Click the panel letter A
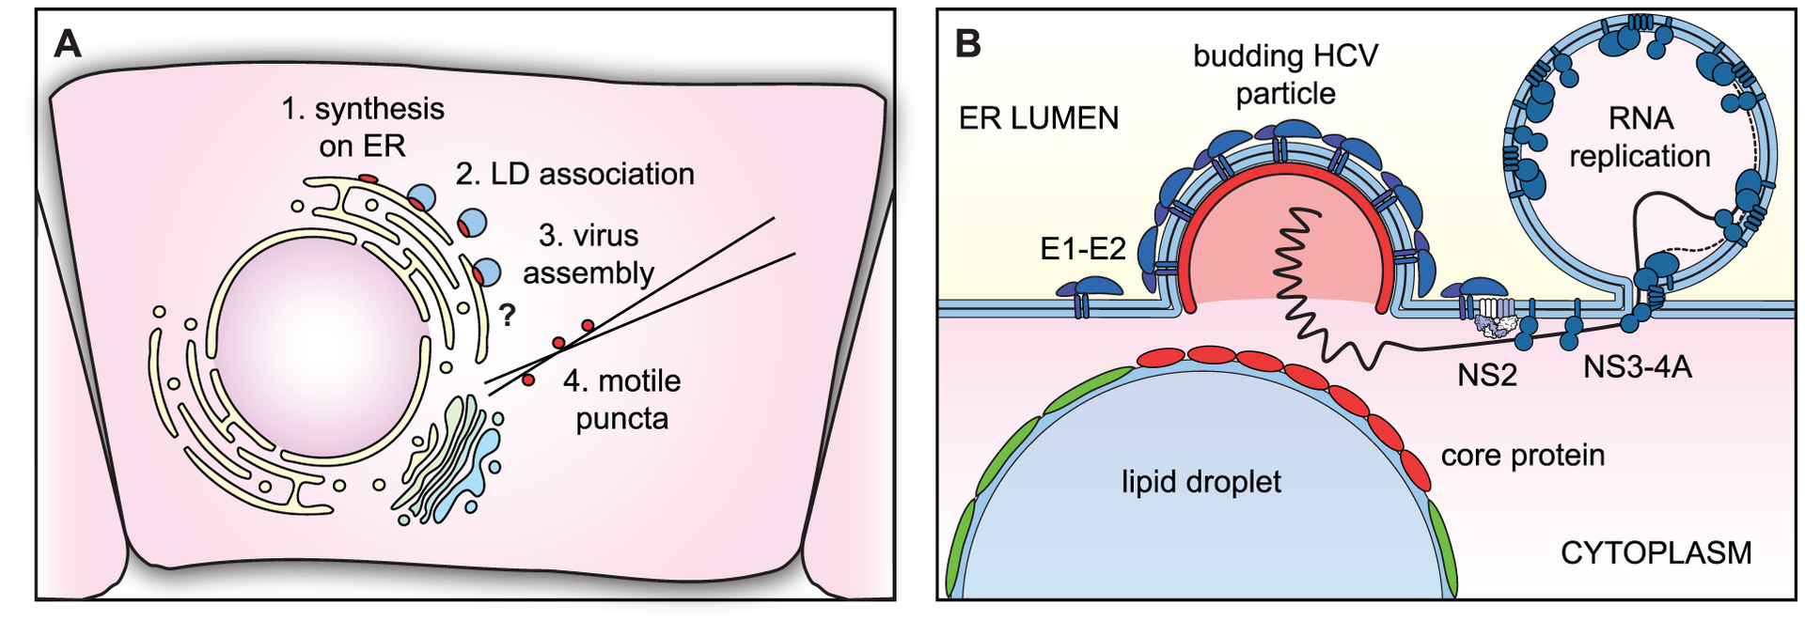(x=68, y=43)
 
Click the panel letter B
(x=967, y=43)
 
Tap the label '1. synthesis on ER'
(x=363, y=127)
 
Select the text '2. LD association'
(x=575, y=174)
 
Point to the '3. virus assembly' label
(x=589, y=254)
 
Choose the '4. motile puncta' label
(x=621, y=399)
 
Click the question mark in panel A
(x=508, y=315)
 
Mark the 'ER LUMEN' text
(x=1039, y=118)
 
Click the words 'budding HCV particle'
(x=1285, y=74)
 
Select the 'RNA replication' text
(x=1640, y=137)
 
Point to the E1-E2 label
(x=1083, y=248)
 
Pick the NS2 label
(x=1487, y=375)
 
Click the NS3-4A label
(x=1638, y=366)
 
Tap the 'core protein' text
(x=1523, y=455)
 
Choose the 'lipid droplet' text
(x=1201, y=482)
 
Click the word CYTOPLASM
(x=1656, y=552)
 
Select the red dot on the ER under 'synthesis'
(x=369, y=178)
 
